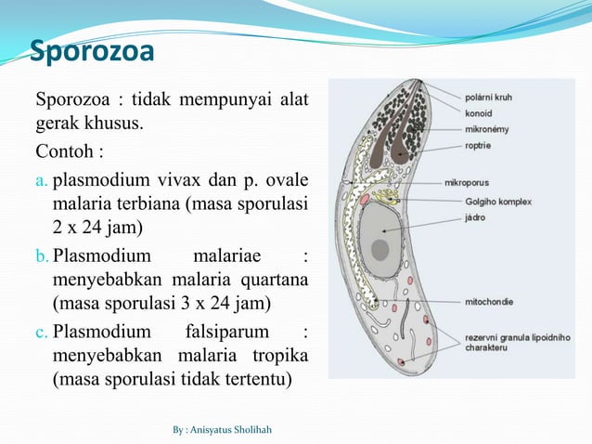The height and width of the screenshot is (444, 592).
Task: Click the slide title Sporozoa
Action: click(x=92, y=54)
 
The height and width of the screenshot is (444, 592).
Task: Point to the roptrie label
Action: click(x=479, y=146)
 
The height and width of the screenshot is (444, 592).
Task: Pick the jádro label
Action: click(x=476, y=216)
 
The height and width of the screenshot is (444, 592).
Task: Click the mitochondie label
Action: click(x=489, y=301)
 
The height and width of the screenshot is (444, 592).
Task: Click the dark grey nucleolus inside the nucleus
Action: click(x=380, y=249)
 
